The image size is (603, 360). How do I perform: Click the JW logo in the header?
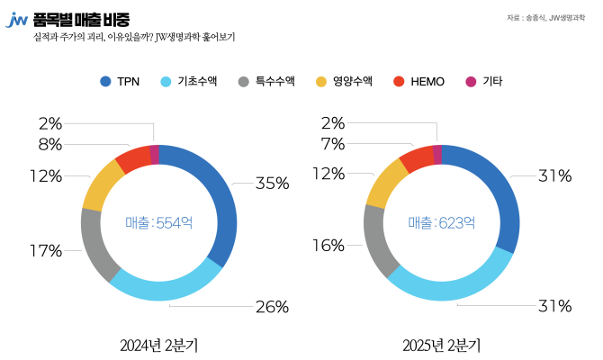(x=16, y=20)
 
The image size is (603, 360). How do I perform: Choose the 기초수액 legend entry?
(x=191, y=82)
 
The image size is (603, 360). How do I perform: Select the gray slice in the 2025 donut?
(x=378, y=239)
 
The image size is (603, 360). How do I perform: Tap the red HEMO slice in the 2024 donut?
(x=132, y=158)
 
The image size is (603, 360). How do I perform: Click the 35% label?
(x=272, y=184)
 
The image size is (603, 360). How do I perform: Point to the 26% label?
(x=272, y=307)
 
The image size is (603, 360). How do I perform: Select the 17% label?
(x=45, y=251)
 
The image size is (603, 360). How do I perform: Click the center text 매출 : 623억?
(x=441, y=222)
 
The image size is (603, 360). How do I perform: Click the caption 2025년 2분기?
(x=441, y=345)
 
